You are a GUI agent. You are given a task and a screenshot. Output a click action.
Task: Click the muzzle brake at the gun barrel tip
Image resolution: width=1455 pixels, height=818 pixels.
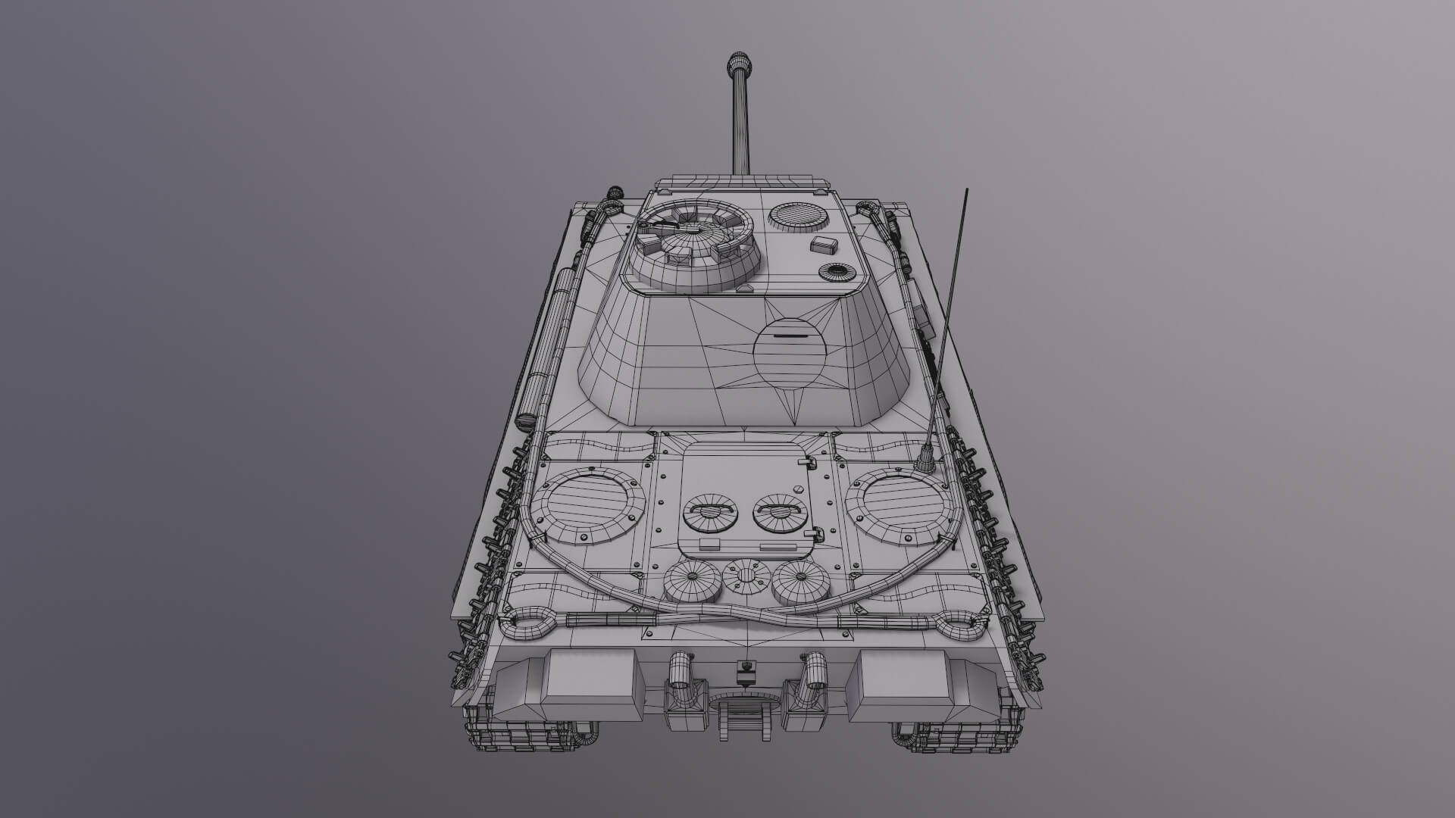coord(738,64)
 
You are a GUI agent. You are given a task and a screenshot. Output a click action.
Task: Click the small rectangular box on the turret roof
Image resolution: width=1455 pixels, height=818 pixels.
coord(825,245)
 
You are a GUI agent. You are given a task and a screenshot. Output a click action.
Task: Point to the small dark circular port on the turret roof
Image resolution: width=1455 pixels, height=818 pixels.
coord(837,273)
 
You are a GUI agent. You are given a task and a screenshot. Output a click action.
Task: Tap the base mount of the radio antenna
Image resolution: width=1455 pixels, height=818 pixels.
coord(925,459)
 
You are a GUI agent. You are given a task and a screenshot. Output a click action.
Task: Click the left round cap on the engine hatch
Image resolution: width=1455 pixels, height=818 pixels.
coord(710,514)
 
